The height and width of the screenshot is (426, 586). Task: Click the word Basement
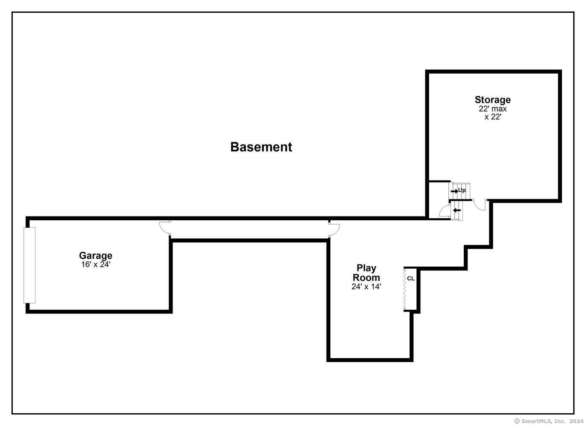[x=261, y=147]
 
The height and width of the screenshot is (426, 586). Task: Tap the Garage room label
[x=96, y=256]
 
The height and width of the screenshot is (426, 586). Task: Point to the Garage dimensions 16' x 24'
[x=96, y=265]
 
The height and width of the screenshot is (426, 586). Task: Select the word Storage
[x=493, y=100]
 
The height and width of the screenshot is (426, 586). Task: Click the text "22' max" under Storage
[x=493, y=109]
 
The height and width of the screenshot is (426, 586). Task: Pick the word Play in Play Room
[x=366, y=268]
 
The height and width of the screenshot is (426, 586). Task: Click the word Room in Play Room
[x=366, y=277]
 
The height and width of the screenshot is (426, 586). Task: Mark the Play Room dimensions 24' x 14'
[x=366, y=287]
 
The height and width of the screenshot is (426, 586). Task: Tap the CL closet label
[x=411, y=279]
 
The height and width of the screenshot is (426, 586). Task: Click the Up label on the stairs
[x=462, y=190]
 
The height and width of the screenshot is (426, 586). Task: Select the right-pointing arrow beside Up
[x=454, y=191]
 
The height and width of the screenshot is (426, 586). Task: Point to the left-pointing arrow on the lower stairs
[x=457, y=210]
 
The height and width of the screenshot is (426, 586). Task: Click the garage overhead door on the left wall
[x=29, y=265]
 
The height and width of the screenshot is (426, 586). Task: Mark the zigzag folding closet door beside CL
[x=405, y=290]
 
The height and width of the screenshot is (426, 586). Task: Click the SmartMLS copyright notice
[x=549, y=421]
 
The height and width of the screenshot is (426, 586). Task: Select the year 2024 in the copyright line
[x=577, y=421]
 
